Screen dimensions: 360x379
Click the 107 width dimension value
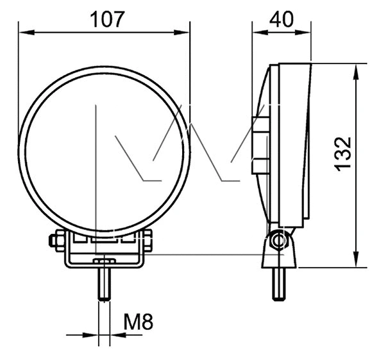[x=106, y=19]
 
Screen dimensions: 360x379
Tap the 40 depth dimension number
[x=282, y=19]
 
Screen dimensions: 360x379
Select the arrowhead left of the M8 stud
[x=94, y=334]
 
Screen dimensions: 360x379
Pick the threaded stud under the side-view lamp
[x=278, y=284]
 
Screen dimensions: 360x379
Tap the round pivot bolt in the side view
[x=277, y=241]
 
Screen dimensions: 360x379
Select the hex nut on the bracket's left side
[x=53, y=241]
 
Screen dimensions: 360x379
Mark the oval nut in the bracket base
[x=104, y=261]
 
